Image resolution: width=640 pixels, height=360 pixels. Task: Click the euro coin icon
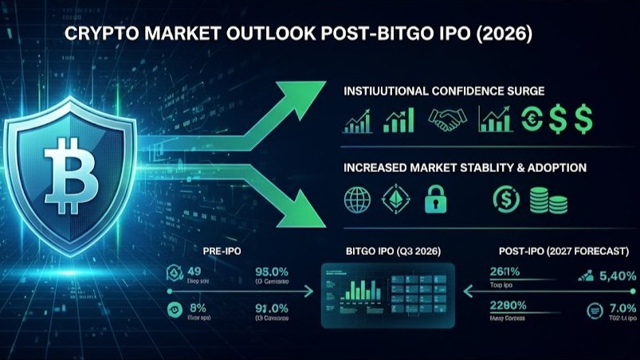(532, 120)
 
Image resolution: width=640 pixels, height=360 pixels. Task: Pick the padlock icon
(435, 199)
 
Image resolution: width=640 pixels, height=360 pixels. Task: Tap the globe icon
(357, 199)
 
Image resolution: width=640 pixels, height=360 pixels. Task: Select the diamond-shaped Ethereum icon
(396, 199)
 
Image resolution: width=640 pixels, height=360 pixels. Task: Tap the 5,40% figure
(618, 276)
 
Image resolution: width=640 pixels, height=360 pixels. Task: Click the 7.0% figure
(621, 308)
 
